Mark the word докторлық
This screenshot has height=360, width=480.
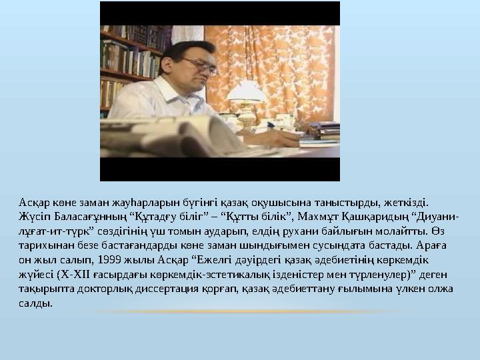[x=102, y=289]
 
